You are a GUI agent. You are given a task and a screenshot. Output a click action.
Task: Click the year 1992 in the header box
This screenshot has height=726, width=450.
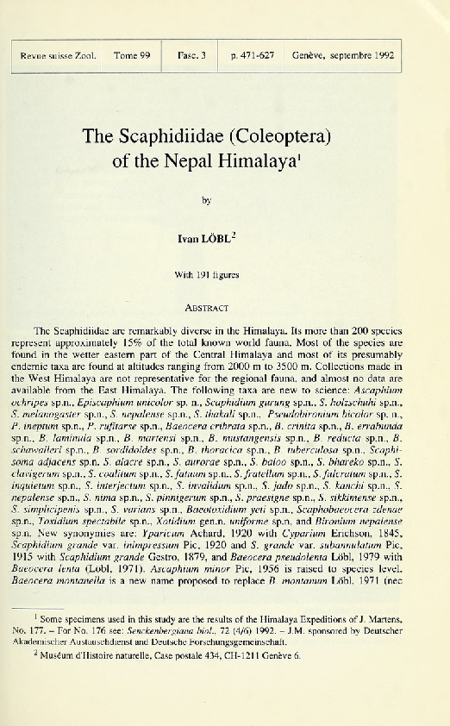pos(379,56)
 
